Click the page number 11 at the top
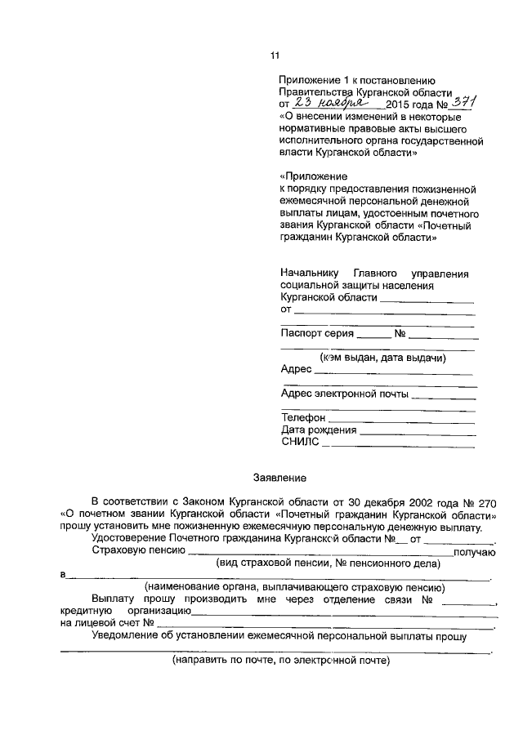(x=275, y=56)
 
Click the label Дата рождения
(x=319, y=430)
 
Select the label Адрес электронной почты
(x=344, y=393)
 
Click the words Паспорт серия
(x=317, y=333)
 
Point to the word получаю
(x=474, y=552)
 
